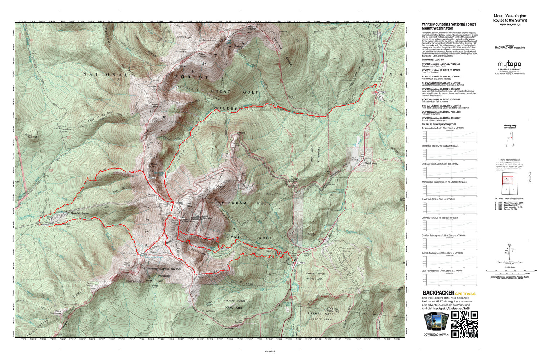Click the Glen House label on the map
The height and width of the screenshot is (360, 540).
point(371,163)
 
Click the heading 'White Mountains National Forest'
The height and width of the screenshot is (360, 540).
point(449,24)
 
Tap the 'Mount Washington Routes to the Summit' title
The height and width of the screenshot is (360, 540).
point(509,18)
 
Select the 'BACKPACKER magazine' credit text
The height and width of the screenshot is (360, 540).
point(510,48)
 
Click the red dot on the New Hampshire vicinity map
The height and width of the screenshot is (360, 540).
point(511,138)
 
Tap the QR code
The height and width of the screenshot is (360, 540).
point(464,324)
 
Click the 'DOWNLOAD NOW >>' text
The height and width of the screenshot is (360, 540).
point(436,334)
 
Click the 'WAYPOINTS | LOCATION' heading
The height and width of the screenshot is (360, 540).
point(433,60)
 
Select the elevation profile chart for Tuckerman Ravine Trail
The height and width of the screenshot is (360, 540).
point(450,136)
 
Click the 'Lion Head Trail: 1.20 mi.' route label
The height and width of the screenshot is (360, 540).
point(440,218)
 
